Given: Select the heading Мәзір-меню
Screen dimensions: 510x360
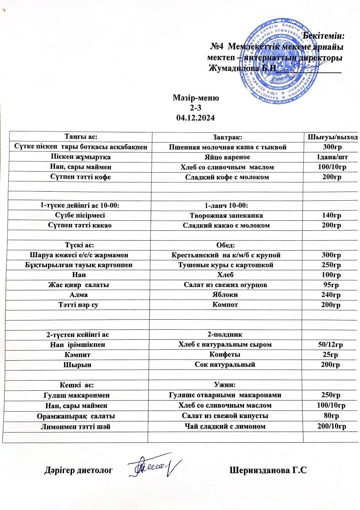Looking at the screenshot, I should pos(196,98).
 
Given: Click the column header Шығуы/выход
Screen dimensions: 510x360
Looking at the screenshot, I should pos(331,137).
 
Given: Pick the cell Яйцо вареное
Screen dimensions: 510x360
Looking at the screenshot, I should pos(227,157).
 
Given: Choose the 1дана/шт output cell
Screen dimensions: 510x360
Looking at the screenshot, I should pos(331,157).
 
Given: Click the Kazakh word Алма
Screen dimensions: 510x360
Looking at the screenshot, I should pos(78,295).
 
